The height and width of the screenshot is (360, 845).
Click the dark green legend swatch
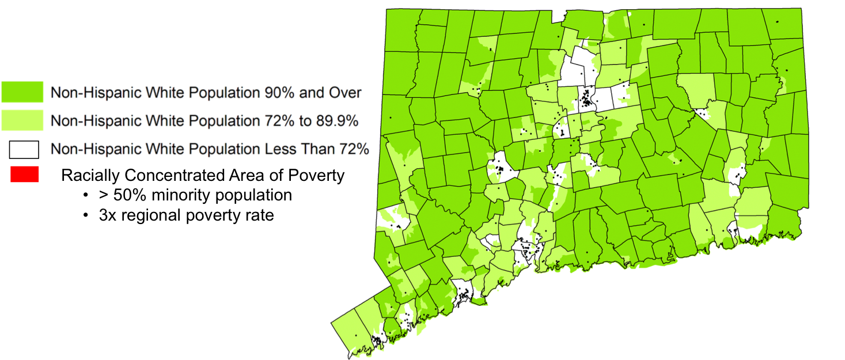22,92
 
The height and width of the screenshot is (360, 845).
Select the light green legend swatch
22,120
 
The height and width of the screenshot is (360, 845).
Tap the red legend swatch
24,175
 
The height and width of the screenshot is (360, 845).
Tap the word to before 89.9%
304,121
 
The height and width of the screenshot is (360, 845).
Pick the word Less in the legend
279,149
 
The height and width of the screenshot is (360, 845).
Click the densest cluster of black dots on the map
586,98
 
